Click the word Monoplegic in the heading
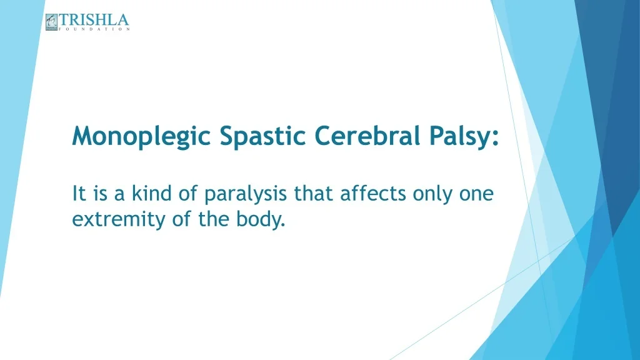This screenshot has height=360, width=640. click(142, 136)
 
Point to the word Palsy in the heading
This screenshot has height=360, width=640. click(459, 136)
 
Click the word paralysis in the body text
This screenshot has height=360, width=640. click(246, 194)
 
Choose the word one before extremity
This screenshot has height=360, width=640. click(476, 194)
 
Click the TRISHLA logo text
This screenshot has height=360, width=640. click(94, 20)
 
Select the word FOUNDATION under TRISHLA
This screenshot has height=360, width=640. click(94, 29)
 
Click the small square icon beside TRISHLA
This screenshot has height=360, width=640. click(51, 22)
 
